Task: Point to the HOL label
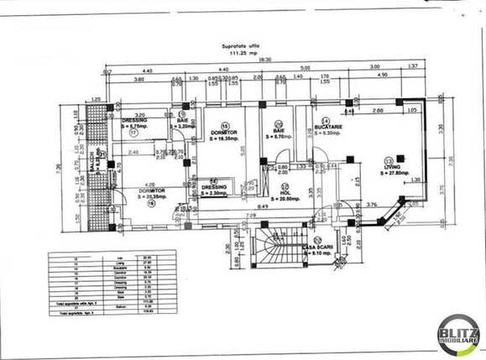tap(285, 192)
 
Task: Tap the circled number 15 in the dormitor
tap(224, 126)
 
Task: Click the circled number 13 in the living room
tap(387, 159)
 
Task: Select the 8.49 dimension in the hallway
tap(263, 206)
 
